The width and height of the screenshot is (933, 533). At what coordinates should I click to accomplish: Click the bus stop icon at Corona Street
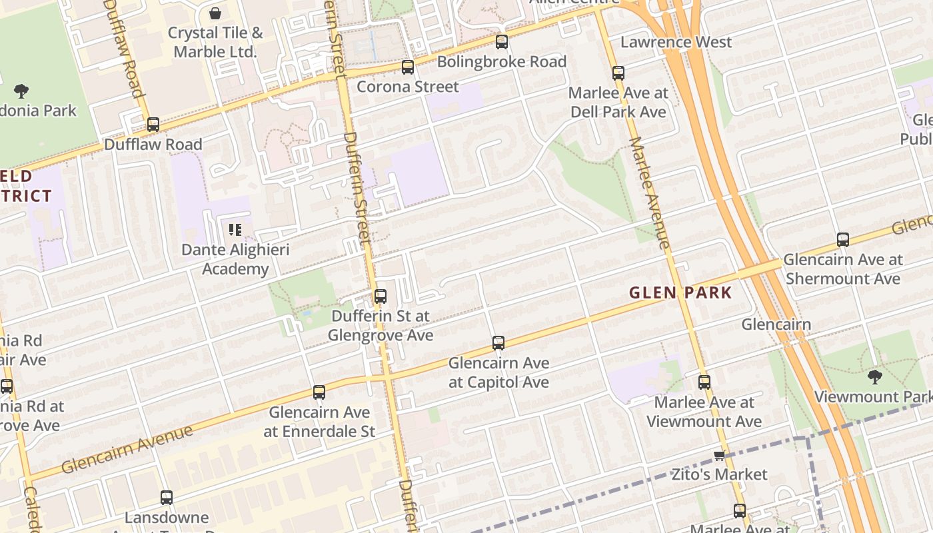click(x=407, y=67)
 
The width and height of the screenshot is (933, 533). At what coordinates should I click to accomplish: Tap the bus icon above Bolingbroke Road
click(x=502, y=42)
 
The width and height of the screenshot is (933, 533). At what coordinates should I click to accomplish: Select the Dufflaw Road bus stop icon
click(x=153, y=125)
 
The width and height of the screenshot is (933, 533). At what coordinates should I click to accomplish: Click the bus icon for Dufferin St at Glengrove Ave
click(x=381, y=296)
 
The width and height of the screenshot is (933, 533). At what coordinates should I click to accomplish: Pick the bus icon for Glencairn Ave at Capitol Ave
click(x=498, y=343)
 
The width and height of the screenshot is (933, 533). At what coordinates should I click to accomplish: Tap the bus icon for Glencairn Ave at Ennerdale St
click(x=319, y=392)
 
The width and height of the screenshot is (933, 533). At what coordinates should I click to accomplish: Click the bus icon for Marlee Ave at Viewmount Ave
click(x=704, y=382)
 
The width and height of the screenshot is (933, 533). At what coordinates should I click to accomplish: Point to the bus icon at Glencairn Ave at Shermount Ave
click(x=843, y=240)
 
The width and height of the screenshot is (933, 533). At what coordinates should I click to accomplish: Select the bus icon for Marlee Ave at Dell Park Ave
click(x=618, y=73)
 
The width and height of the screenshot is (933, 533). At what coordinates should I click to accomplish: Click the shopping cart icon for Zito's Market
click(x=719, y=456)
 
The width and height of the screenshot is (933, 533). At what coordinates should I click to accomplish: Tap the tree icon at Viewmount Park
click(x=875, y=378)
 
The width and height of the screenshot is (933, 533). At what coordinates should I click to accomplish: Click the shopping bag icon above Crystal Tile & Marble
click(x=215, y=13)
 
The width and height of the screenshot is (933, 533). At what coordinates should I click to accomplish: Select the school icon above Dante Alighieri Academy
click(x=235, y=231)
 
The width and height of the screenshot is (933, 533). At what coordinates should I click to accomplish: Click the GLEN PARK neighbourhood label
click(x=680, y=292)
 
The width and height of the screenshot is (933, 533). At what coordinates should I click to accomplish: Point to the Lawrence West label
click(x=676, y=42)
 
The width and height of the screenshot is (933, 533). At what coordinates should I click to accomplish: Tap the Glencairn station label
click(x=776, y=324)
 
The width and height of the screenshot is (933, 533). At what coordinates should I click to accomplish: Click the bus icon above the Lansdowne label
click(x=167, y=498)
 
